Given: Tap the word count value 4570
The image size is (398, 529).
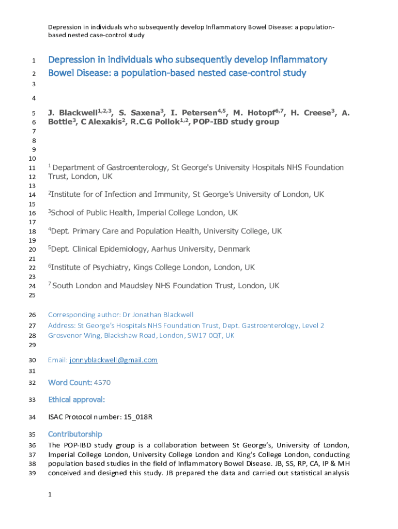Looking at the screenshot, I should (x=102, y=383).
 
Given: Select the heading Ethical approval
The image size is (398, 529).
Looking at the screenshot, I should (x=76, y=400).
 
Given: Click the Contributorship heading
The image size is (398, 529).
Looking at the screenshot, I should (x=75, y=434).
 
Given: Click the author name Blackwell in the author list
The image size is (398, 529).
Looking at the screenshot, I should (x=78, y=113).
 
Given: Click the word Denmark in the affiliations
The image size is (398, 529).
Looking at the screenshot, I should (x=234, y=249).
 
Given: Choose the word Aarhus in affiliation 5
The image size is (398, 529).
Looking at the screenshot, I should (x=164, y=249).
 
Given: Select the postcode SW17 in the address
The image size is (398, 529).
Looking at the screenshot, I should (x=192, y=335).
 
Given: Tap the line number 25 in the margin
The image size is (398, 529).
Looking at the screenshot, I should (x=32, y=295).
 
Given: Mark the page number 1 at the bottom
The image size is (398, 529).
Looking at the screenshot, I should (x=50, y=495).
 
